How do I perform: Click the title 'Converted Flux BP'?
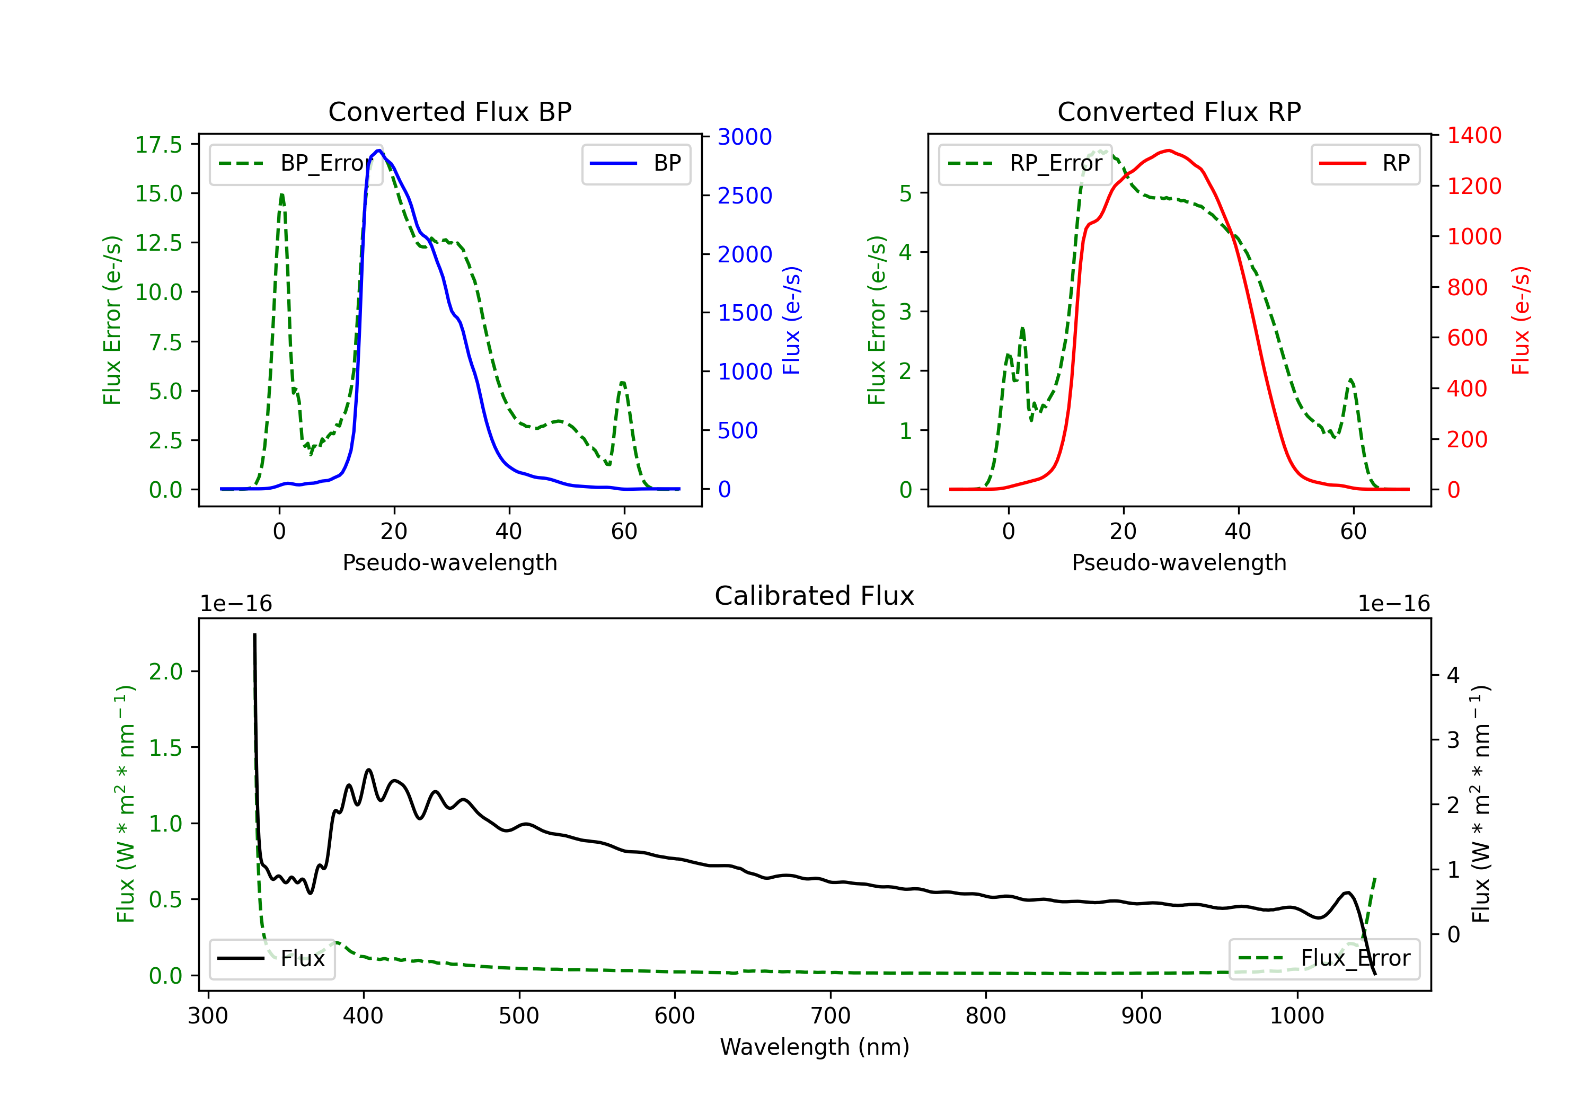[x=449, y=111]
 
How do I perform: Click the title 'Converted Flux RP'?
[x=1179, y=111]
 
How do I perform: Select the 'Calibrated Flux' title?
[x=815, y=596]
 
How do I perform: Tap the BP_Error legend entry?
[x=296, y=163]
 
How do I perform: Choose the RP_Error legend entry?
[x=1025, y=163]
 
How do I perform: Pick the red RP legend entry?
[x=1365, y=163]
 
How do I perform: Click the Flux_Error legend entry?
[x=1324, y=959]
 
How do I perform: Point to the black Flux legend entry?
[x=271, y=959]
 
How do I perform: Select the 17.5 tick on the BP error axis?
[x=158, y=144]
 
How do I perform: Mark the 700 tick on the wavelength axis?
[x=831, y=1016]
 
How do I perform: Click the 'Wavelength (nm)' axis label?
[x=815, y=1047]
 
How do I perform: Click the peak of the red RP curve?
[x=1169, y=151]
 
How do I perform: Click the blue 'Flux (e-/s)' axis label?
[x=791, y=321]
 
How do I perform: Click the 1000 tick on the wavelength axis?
[x=1297, y=1016]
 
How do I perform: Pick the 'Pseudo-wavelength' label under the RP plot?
[x=1179, y=562]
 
